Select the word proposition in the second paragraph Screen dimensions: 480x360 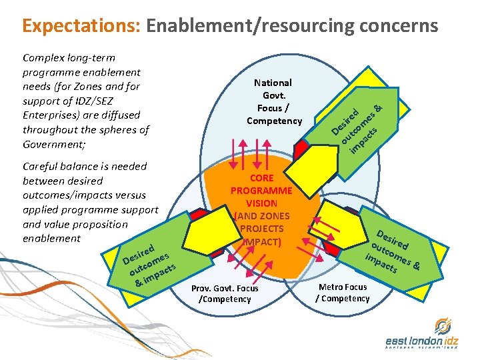(99, 224)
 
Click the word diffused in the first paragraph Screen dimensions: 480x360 (122, 115)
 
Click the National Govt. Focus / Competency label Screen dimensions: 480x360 (273, 101)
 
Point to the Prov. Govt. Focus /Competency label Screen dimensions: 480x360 (224, 293)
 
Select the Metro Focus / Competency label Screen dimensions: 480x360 (342, 292)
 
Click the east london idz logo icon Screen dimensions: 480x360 (442, 327)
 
